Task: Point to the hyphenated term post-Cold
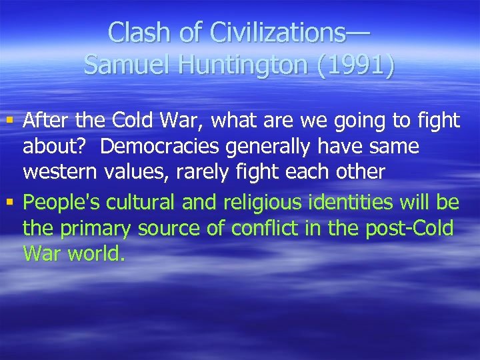(x=411, y=229)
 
